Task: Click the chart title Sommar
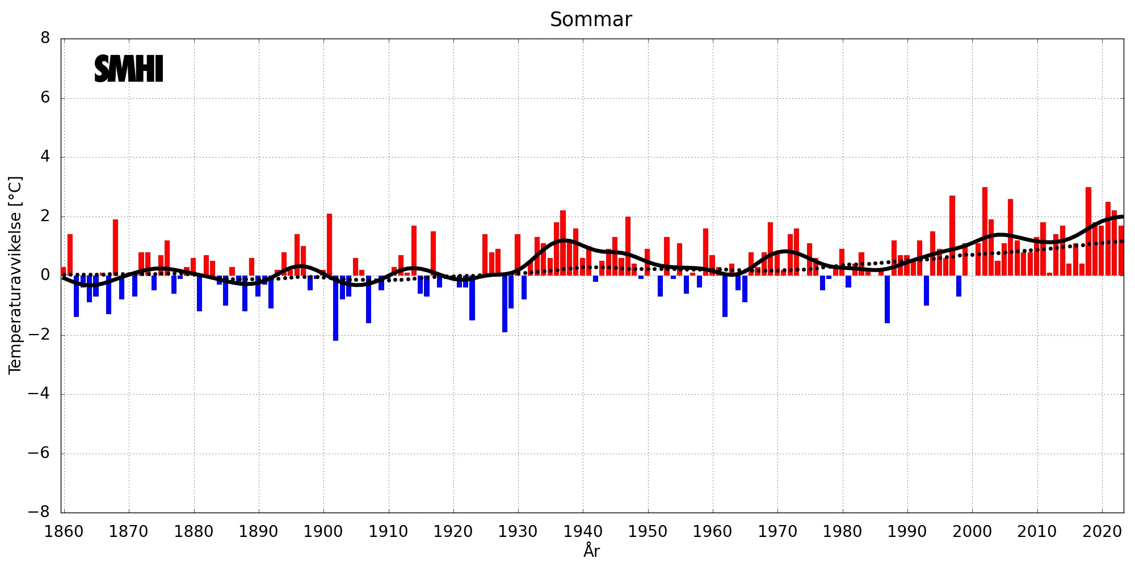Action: tap(591, 20)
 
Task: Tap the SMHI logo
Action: tap(129, 69)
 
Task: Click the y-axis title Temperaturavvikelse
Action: tap(15, 275)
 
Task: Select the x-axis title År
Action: tap(591, 551)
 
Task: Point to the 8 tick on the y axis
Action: tap(45, 39)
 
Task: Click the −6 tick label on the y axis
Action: tap(39, 453)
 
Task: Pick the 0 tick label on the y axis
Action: tap(45, 276)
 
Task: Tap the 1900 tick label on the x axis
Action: tap(323, 532)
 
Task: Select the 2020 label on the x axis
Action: tap(1102, 532)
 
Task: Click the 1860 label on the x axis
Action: tap(64, 532)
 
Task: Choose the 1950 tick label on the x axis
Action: tap(648, 532)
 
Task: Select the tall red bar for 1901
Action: tap(329, 244)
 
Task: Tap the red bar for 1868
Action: tap(115, 247)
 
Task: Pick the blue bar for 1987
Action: tap(888, 299)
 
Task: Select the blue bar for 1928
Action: tap(505, 304)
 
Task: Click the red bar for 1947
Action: tap(628, 246)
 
